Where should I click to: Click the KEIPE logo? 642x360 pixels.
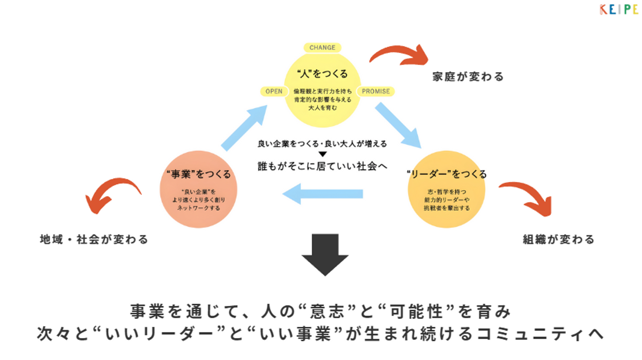(618, 9)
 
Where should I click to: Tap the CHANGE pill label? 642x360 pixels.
(322, 48)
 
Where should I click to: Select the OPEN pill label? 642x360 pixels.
(274, 91)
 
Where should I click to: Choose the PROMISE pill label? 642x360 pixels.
(375, 91)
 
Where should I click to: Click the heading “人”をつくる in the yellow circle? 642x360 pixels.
(322, 73)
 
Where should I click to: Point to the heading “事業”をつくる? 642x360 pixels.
(198, 174)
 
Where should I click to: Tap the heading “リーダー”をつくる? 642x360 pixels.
(447, 174)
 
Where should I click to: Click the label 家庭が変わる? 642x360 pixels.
(468, 77)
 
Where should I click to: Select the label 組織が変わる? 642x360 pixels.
(559, 240)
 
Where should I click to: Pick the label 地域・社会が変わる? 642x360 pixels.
(94, 240)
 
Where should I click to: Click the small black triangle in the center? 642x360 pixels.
(322, 154)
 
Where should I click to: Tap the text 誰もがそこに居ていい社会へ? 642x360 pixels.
(322, 166)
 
